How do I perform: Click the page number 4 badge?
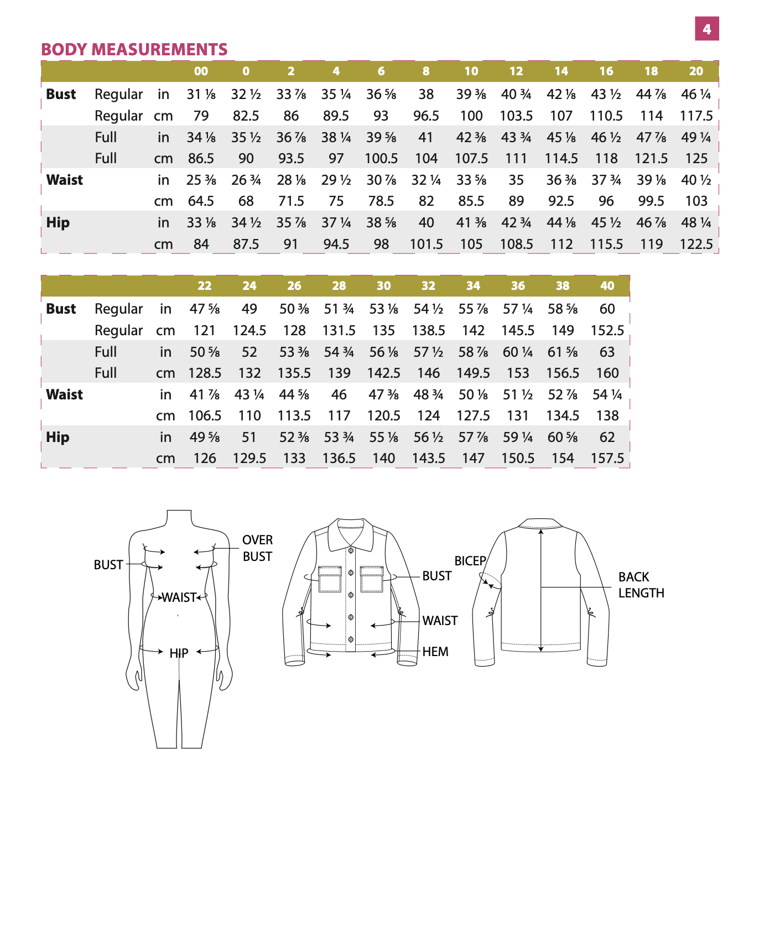pos(706,29)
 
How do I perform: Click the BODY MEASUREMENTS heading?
pos(134,50)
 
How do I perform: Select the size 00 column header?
pos(201,71)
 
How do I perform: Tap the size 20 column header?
pos(696,71)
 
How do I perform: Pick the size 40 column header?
pos(607,286)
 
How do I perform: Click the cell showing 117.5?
pos(696,116)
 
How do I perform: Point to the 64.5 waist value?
pos(201,201)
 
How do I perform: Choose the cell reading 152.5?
pos(607,331)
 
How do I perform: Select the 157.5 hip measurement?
pos(607,459)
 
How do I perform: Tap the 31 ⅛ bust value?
pos(201,95)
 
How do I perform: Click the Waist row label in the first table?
pos(65,180)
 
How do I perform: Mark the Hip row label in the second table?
pos(58,438)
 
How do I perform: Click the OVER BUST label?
pos(257,548)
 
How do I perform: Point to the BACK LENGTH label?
pos(641,585)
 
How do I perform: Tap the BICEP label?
pos(470,561)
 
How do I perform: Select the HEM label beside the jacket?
pos(435,652)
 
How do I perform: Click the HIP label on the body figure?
pos(179,653)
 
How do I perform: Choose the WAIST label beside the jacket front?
pos(440,621)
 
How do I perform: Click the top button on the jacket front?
pos(351,550)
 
